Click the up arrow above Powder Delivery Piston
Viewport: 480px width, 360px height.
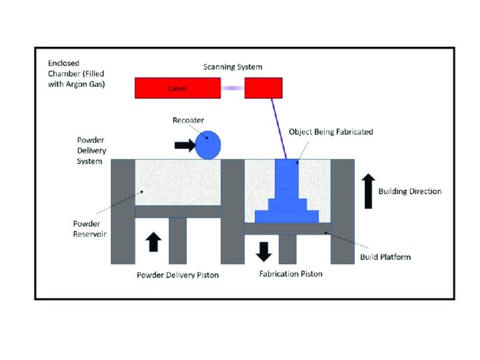[153, 241]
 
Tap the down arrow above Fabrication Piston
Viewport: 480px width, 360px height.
[265, 251]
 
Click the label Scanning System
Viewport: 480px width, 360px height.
[233, 67]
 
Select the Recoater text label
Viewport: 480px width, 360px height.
[189, 120]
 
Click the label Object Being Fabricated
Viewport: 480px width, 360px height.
[331, 132]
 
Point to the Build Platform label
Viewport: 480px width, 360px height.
[385, 257]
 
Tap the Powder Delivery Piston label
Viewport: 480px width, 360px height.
[177, 275]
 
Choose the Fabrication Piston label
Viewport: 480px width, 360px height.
[291, 274]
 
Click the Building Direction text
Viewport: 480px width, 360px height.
[410, 191]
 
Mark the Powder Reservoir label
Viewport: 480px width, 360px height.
[90, 229]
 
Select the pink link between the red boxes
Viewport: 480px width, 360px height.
[233, 88]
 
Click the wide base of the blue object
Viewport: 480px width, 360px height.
[286, 216]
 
